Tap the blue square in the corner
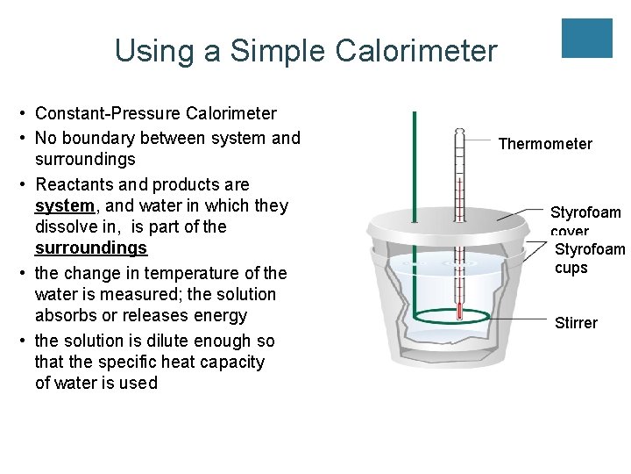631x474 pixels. click(586, 38)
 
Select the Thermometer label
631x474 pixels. click(545, 144)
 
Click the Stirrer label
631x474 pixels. click(576, 323)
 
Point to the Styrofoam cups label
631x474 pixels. click(590, 258)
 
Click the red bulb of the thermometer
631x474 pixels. click(458, 308)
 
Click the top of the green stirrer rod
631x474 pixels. click(415, 114)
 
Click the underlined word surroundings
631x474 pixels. click(91, 248)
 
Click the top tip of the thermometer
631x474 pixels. click(458, 131)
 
